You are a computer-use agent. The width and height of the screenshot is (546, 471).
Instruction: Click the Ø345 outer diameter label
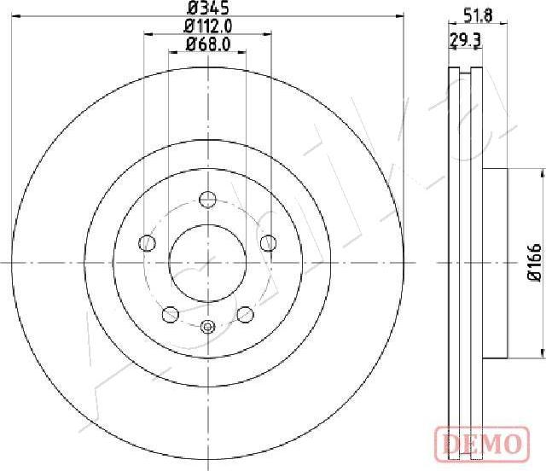click(207, 9)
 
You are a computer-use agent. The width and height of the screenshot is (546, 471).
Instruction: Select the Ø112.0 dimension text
click(207, 26)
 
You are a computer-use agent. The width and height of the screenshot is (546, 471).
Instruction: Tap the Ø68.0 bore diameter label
click(207, 44)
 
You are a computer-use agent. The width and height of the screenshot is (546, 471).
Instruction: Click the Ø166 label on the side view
click(534, 262)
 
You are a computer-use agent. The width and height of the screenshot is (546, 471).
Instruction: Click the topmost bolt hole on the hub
click(207, 200)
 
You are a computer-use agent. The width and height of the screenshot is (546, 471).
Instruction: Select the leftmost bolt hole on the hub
click(147, 242)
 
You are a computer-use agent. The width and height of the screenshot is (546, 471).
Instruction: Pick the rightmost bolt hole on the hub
click(268, 242)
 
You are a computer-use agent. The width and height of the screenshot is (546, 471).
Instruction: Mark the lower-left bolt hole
click(170, 313)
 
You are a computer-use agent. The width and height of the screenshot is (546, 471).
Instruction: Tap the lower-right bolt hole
click(245, 313)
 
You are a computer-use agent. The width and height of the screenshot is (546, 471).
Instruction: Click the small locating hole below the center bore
click(207, 325)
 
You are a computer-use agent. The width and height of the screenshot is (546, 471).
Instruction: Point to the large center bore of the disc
click(207, 262)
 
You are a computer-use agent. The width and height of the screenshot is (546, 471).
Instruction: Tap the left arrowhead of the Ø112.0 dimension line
click(148, 34)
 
